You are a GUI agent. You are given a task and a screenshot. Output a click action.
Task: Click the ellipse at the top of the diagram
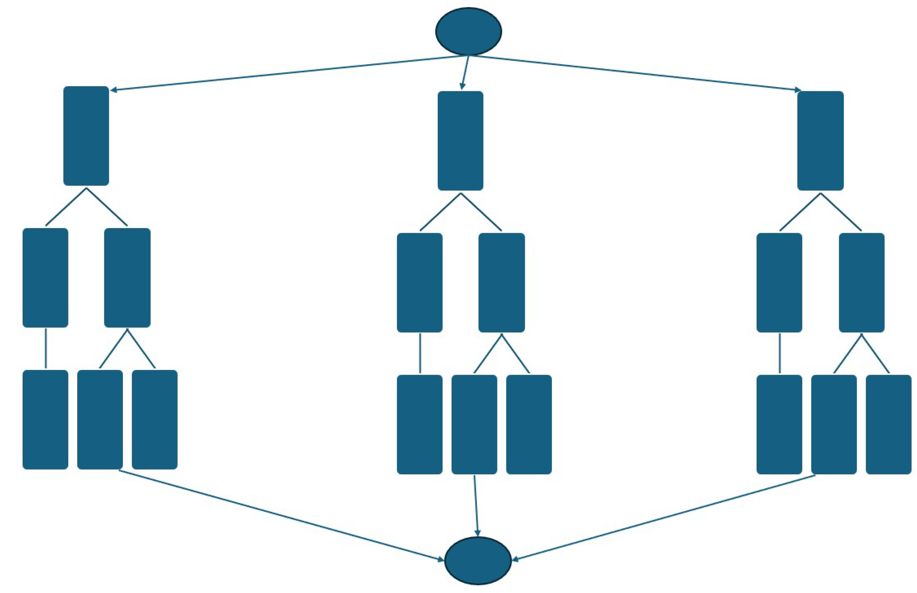point(468,31)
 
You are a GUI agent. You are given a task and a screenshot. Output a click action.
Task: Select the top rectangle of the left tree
point(86,136)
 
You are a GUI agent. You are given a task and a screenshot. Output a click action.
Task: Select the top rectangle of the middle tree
point(460,140)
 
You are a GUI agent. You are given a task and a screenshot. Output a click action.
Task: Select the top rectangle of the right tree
point(820,140)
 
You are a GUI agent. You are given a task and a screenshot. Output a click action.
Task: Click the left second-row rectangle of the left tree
point(45,278)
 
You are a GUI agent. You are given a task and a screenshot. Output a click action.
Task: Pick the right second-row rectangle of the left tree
point(127,278)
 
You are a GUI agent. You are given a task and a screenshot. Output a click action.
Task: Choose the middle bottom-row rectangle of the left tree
point(100,419)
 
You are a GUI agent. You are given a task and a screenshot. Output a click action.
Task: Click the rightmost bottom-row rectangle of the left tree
point(154,419)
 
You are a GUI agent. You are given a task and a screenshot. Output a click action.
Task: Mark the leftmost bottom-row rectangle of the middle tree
point(419,424)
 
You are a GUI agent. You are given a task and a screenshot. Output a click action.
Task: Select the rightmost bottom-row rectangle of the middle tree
point(528,424)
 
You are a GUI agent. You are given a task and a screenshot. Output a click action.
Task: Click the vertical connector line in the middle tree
point(420,353)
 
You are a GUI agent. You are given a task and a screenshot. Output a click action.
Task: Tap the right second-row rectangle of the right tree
point(862,282)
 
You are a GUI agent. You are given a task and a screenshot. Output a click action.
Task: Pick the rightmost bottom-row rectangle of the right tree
point(888,424)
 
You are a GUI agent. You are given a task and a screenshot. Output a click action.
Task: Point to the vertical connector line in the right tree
point(780,353)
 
